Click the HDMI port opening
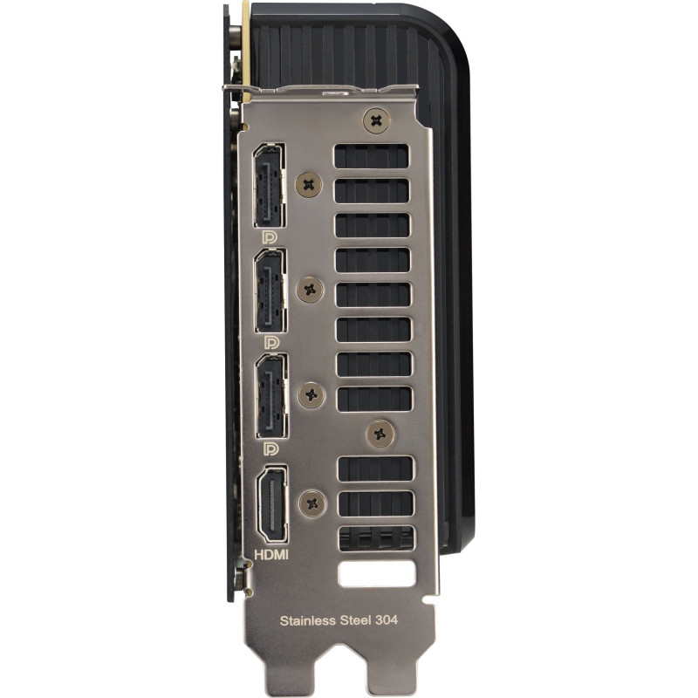pyautogui.click(x=271, y=504)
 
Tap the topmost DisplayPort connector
pyautogui.click(x=270, y=185)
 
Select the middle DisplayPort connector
pyautogui.click(x=270, y=291)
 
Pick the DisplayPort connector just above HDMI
pyautogui.click(x=271, y=396)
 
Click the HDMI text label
pyautogui.click(x=271, y=554)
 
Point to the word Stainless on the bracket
pyautogui.click(x=308, y=620)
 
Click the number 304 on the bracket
pyautogui.click(x=387, y=619)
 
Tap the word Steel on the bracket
pyautogui.click(x=355, y=620)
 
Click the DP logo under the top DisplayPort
pyautogui.click(x=270, y=237)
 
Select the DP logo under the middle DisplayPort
pyautogui.click(x=271, y=342)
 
